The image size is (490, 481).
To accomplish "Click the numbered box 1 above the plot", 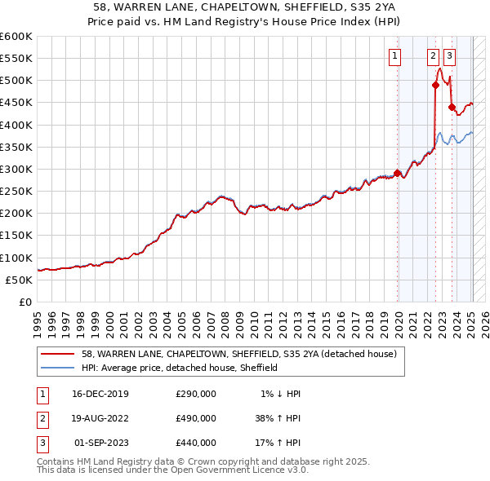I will click(395, 56).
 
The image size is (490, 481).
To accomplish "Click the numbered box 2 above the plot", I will click(432, 56).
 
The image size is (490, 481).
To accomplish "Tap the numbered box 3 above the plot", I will click(450, 56).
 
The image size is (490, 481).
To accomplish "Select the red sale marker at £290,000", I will click(398, 173).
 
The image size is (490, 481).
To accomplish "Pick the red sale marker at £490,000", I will click(435, 85).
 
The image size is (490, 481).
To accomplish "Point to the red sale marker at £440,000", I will click(452, 107).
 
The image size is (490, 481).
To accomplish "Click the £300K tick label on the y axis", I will click(16, 169).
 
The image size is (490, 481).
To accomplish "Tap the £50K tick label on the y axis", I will click(19, 280).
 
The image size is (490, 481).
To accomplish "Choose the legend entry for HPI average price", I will click(180, 368).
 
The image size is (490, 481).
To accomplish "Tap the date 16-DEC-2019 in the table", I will click(100, 394).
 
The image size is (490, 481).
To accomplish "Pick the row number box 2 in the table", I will click(41, 418).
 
